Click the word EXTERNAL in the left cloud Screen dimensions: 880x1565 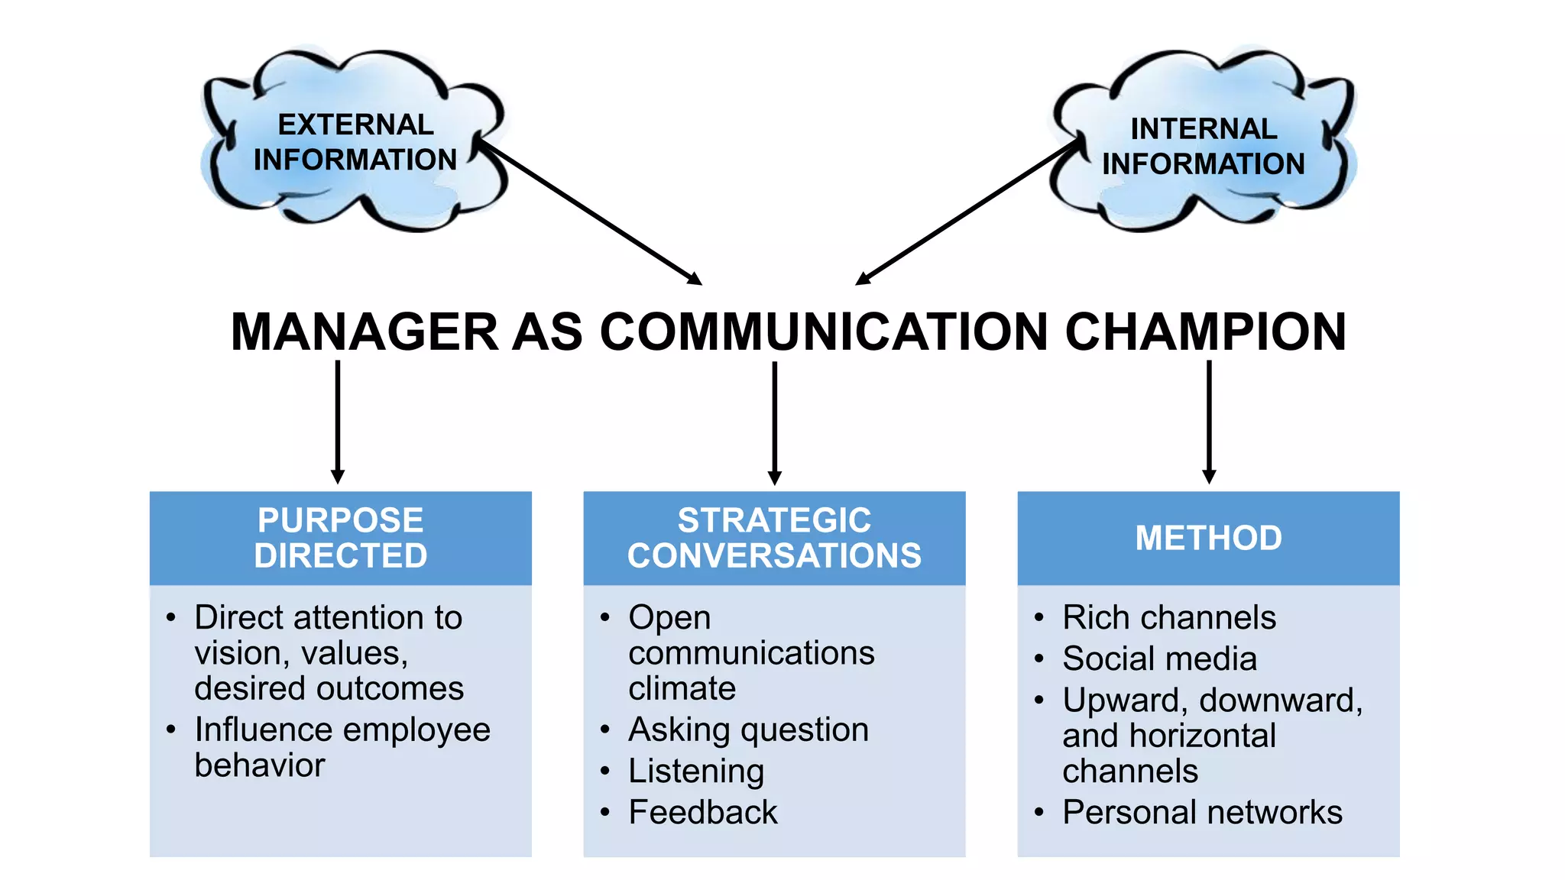click(355, 125)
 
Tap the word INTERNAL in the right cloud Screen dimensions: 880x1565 click(1204, 129)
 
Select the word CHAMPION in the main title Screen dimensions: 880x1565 click(1205, 332)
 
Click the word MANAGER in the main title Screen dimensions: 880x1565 click(365, 332)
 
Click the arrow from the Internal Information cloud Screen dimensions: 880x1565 click(967, 212)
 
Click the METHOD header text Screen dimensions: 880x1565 click(1208, 538)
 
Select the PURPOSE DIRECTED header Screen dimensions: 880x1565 click(341, 538)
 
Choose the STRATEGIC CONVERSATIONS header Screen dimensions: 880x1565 click(774, 538)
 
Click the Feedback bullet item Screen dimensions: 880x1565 click(702, 812)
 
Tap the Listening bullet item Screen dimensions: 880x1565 click(695, 771)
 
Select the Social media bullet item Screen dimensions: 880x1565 click(1159, 658)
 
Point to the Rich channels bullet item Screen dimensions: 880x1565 click(1169, 617)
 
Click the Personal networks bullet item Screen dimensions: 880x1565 click(1202, 812)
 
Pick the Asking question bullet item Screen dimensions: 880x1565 click(748, 730)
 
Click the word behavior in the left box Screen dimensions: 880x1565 click(260, 765)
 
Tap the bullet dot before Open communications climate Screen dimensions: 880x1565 click(605, 617)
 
